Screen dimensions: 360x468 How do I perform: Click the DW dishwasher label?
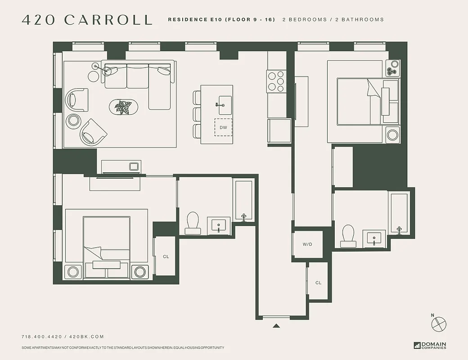[223, 128]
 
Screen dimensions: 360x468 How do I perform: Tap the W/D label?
[307, 244]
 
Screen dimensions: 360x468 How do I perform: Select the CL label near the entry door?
[319, 283]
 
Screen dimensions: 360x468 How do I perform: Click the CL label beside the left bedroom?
[166, 256]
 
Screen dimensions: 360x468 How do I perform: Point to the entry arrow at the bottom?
[276, 325]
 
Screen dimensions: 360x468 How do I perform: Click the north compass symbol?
[439, 323]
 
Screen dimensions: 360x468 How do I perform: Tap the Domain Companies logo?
[430, 346]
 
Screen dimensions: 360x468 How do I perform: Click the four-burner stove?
[276, 81]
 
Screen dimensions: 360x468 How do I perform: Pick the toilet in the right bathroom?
[349, 235]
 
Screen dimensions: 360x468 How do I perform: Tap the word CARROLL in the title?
[108, 20]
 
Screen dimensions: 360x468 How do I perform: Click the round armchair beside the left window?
[76, 99]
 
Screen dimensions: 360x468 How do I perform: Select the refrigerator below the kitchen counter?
[279, 131]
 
